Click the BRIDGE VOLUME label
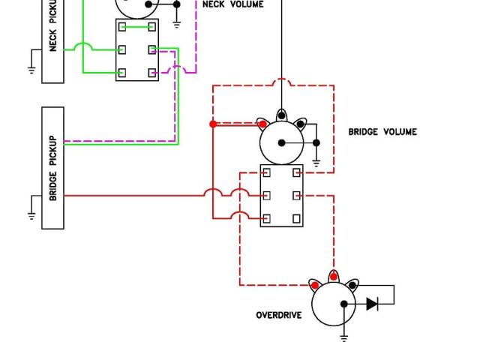[382, 132]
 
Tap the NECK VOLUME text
[232, 4]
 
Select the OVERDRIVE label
[279, 315]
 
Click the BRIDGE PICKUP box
[52, 167]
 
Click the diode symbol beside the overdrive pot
[373, 304]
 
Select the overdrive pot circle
[334, 304]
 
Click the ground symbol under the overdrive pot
[343, 337]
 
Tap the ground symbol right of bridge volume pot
[316, 161]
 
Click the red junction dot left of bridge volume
[213, 124]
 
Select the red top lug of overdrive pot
[334, 276]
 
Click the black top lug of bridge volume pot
[281, 115]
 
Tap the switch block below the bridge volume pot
[281, 196]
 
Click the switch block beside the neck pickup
[137, 49]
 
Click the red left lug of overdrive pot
[315, 285]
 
